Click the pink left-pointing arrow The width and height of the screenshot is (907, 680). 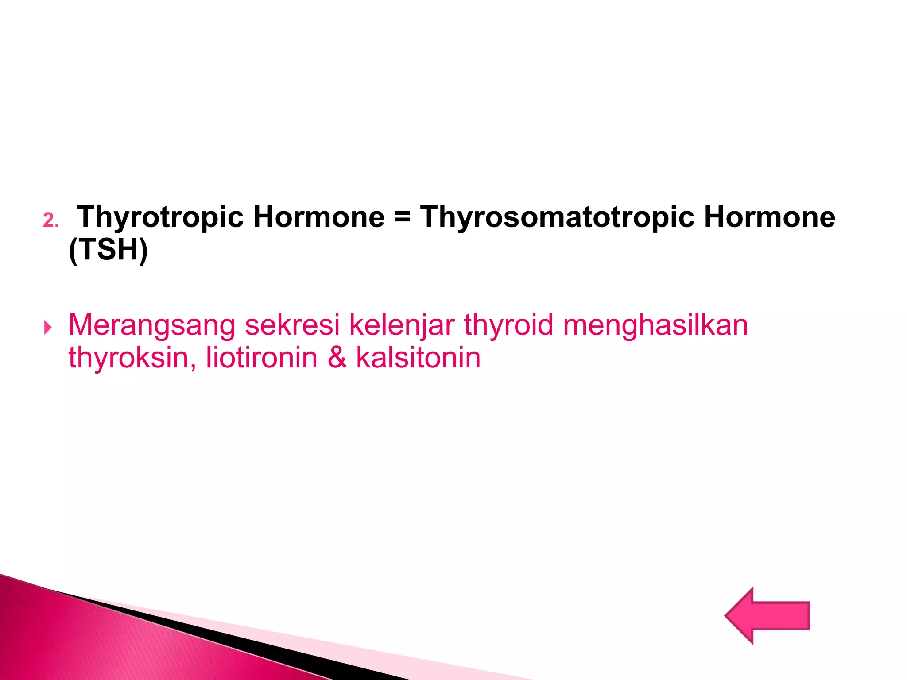click(x=768, y=615)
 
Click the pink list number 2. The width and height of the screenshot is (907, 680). click(x=50, y=220)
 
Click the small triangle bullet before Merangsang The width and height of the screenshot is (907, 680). click(x=48, y=328)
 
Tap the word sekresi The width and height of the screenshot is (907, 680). click(x=292, y=325)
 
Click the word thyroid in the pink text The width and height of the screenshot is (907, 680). click(x=509, y=325)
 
